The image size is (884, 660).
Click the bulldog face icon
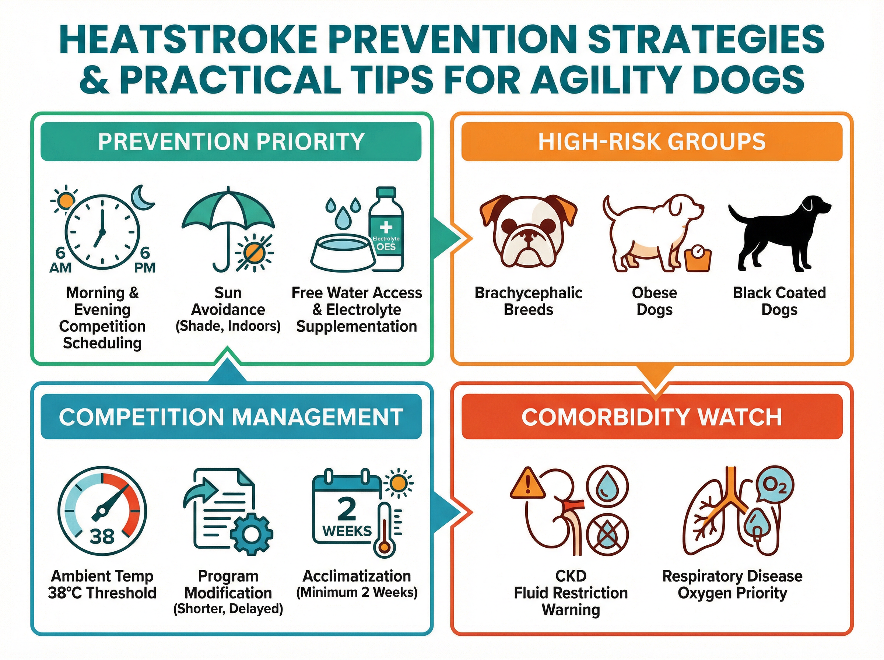(528, 231)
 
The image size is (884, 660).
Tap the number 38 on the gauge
(102, 536)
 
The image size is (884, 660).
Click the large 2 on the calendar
(347, 509)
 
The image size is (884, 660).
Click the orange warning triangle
(528, 484)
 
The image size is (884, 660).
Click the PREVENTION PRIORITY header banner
(231, 142)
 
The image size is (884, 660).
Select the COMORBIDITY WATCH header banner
(652, 417)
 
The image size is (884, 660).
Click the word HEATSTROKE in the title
(188, 39)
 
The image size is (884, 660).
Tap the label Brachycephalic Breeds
(528, 301)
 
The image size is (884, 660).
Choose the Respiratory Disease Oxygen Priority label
(732, 584)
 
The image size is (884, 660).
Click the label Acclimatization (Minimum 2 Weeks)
(357, 584)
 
